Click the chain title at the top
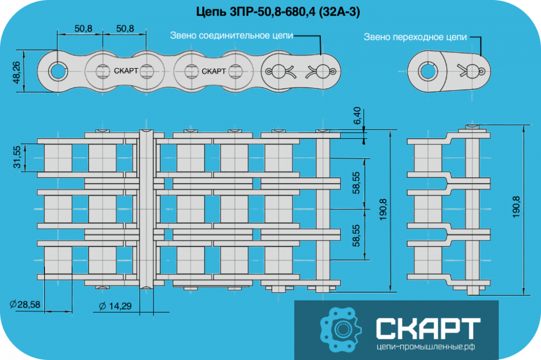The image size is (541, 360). [x=278, y=12]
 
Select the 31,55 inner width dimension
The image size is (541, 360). [x=17, y=157]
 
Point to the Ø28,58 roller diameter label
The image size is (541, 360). [x=25, y=304]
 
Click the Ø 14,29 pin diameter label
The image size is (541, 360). [x=115, y=306]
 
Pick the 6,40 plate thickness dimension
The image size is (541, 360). [x=357, y=116]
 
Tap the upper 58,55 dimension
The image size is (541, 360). [x=357, y=183]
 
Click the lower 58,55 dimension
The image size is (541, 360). [x=357, y=236]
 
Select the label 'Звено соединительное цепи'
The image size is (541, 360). [x=232, y=36]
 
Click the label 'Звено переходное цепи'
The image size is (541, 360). [x=415, y=37]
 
